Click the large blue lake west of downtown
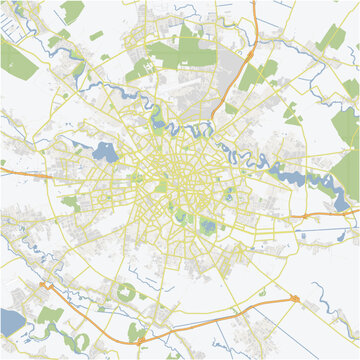coord(102,152)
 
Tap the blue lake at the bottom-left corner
coord(8,321)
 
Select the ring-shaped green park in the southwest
coord(126,293)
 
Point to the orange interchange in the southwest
coord(45,286)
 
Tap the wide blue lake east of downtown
coord(300,181)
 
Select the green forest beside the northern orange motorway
coord(266,70)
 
